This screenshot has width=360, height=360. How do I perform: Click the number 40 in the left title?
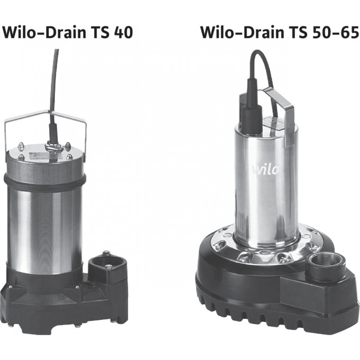tap(122, 33)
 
